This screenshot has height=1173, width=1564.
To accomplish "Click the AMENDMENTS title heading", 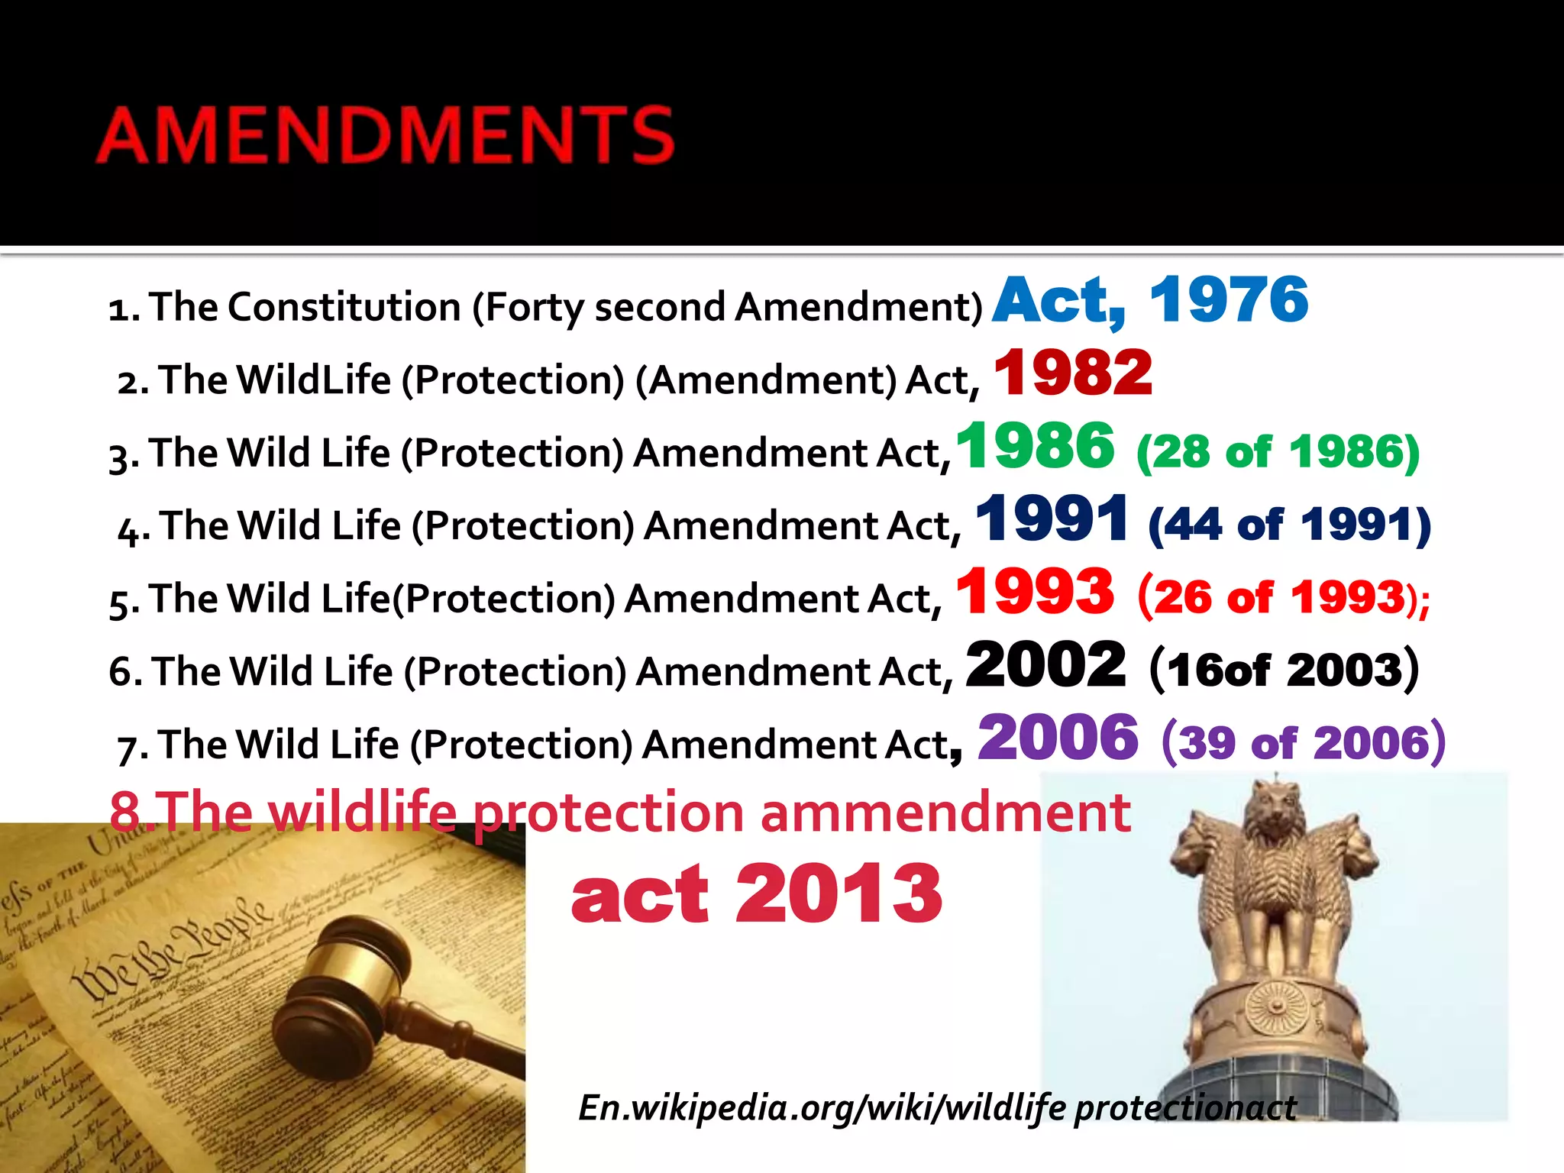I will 386,135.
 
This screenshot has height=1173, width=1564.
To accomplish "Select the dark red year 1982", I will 1073,373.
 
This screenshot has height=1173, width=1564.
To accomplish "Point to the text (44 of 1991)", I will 1289,525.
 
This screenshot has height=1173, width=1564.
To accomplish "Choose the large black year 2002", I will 1045,665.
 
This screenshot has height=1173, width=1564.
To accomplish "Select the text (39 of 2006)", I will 1303,742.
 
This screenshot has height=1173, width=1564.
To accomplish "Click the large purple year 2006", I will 1058,738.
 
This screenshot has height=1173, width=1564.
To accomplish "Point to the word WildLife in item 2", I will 313,380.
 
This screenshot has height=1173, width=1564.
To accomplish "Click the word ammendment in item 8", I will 945,812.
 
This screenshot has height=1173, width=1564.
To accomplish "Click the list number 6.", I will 121,672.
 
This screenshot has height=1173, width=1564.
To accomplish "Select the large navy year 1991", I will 1052,519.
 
